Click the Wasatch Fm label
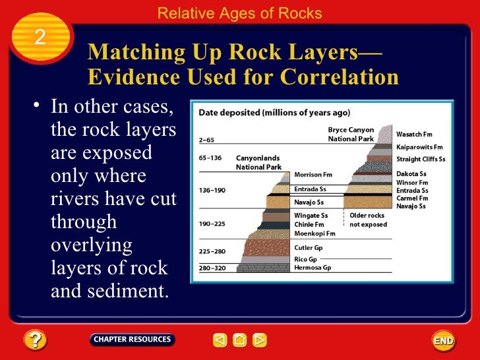tap(414, 135)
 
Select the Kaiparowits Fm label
tap(419, 147)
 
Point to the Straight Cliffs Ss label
tap(421, 159)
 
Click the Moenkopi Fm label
tap(315, 233)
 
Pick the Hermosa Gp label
tap(313, 268)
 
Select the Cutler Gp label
tap(309, 248)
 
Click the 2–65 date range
tap(206, 140)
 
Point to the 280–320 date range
tap(212, 268)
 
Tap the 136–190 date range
tap(212, 191)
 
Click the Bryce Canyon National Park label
tap(351, 135)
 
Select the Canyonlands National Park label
tap(258, 163)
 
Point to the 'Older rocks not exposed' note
tap(368, 220)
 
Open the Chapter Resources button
tap(132, 340)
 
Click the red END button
tap(443, 340)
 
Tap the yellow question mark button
tap(34, 340)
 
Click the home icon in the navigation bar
tap(240, 340)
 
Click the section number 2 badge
tap(40, 38)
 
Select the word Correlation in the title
tap(340, 77)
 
